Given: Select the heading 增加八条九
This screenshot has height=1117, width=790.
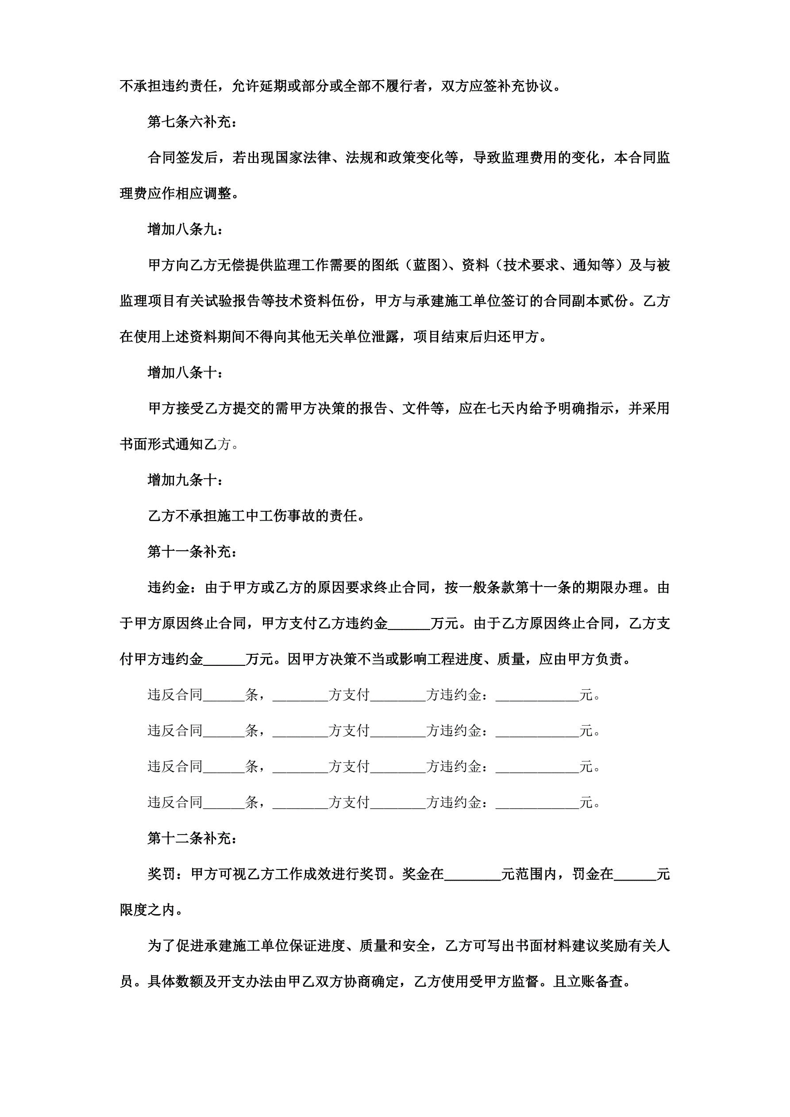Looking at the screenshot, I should click(185, 229).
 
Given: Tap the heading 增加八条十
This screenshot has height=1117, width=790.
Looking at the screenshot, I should click(185, 373).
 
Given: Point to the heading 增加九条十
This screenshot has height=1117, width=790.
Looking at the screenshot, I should click(185, 480).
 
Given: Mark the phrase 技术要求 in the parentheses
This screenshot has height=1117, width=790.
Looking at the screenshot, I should click(531, 265).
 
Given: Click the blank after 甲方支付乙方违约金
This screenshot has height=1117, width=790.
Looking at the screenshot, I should click(409, 623).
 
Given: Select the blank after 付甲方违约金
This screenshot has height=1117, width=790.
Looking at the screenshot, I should click(225, 659).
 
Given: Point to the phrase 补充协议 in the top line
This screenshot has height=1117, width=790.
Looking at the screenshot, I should click(526, 86).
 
